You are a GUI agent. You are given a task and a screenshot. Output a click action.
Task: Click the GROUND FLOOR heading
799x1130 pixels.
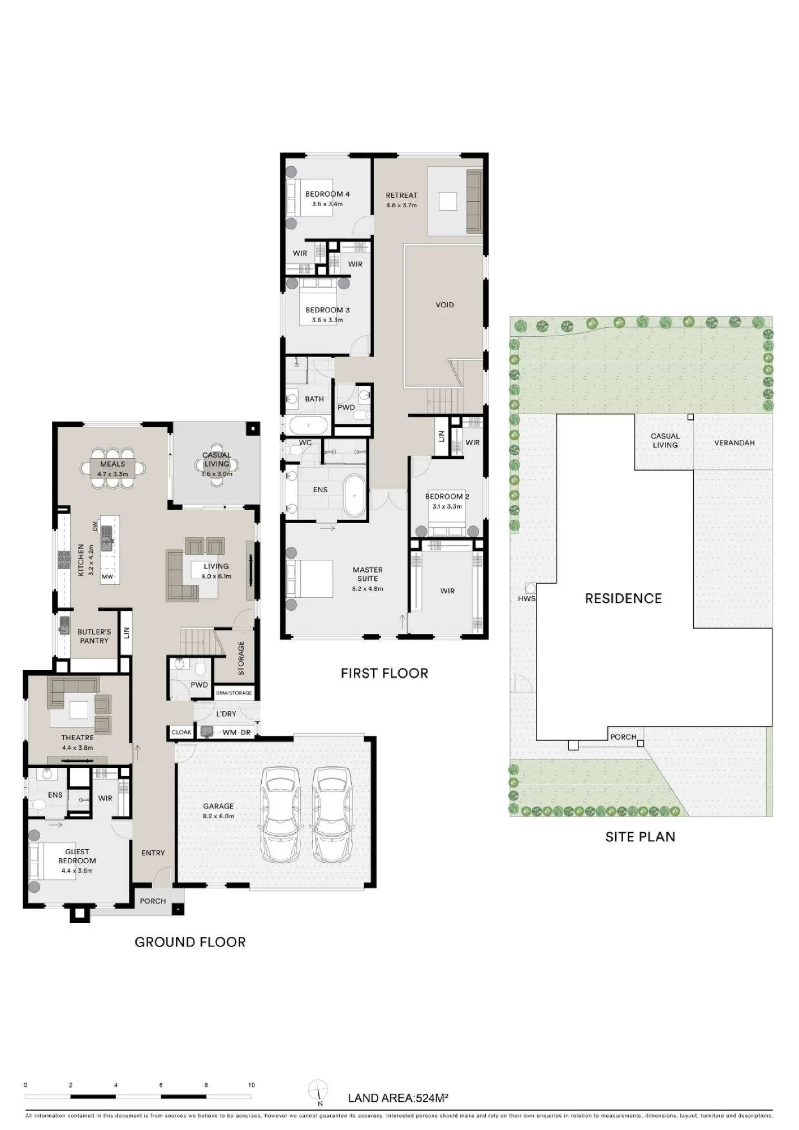coord(190,942)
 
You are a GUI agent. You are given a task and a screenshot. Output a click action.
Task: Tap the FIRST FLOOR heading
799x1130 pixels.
coord(385,673)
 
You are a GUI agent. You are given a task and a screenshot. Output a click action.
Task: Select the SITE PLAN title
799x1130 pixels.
coord(640,837)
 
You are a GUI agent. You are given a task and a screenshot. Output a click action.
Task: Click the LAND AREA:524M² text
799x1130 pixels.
coord(398,1098)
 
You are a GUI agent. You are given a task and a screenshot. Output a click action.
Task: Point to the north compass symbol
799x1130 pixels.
coord(318,1090)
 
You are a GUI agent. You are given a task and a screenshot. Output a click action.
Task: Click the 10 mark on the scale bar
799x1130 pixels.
coord(252,1085)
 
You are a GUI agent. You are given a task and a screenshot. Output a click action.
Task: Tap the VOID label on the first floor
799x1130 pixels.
coord(444,305)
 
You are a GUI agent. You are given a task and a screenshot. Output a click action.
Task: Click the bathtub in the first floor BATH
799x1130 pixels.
coord(308,424)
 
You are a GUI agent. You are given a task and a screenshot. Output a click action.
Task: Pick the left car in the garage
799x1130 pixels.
coord(281,814)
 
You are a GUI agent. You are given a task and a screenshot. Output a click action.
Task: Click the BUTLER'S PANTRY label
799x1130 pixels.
coord(94,636)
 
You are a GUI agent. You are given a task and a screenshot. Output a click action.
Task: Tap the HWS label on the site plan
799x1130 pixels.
coord(526,598)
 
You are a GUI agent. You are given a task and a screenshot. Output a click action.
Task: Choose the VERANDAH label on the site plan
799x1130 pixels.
coord(734,443)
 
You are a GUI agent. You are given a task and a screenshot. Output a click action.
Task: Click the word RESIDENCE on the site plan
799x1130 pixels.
coord(623,598)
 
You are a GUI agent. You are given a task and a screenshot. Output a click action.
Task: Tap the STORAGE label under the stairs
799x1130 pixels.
coord(241,658)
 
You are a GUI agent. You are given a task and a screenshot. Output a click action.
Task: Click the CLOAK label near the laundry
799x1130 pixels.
coord(182,732)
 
